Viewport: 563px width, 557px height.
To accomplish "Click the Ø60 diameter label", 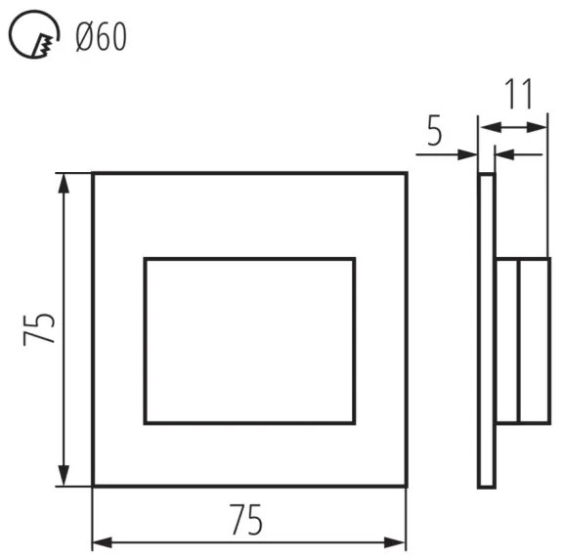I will [99, 39].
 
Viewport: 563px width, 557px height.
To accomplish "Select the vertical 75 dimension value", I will [37, 329].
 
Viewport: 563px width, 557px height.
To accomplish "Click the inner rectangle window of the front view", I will [249, 341].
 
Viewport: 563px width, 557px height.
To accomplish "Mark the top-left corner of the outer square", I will [93, 174].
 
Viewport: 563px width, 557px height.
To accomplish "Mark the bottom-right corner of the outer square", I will [406, 486].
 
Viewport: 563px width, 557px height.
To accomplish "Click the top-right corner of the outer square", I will [406, 174].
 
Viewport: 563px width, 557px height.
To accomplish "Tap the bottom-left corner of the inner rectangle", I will [145, 423].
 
